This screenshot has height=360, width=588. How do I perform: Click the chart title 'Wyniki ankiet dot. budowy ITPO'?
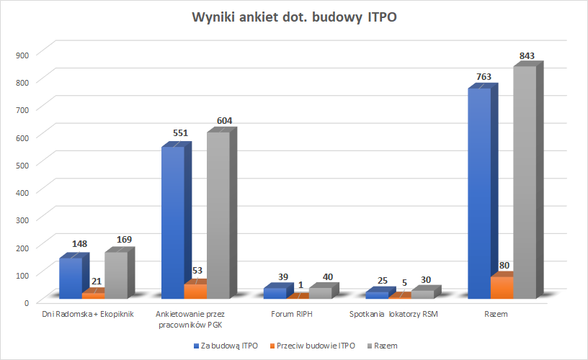tap(294, 17)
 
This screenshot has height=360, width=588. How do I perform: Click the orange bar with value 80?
tap(502, 287)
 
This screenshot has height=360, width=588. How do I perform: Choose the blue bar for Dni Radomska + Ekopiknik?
tap(70, 278)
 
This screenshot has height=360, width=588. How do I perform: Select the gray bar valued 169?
tap(115, 274)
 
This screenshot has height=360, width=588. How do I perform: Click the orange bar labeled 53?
tap(195, 291)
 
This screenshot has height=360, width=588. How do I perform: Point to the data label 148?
tap(79, 244)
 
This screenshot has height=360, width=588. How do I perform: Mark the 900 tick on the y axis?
tap(22, 54)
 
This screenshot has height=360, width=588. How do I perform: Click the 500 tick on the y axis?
tap(22, 164)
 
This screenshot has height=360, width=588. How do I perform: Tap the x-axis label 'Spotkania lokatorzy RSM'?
tap(393, 315)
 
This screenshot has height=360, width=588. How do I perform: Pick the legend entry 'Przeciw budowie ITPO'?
tap(315, 346)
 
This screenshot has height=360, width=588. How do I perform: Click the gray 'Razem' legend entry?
tap(386, 346)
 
